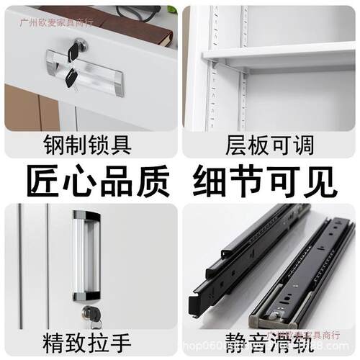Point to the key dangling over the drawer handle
tap(71, 76)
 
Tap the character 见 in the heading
tap(320, 181)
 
